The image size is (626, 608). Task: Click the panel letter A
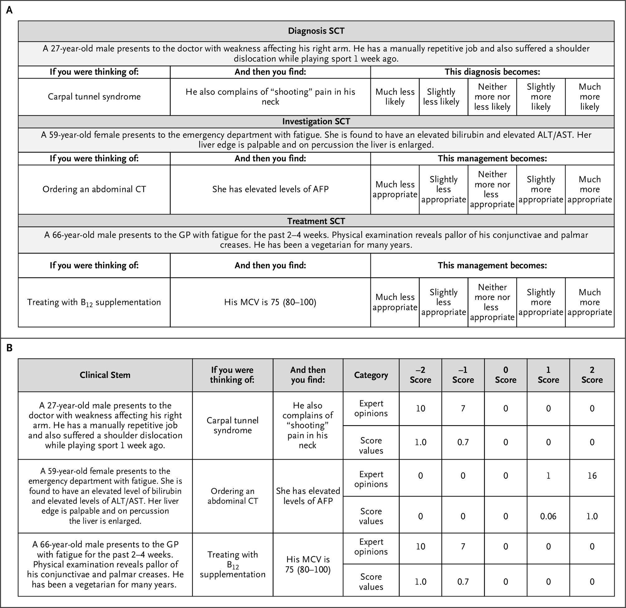click(x=10, y=10)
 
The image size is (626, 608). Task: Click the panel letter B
click(x=10, y=348)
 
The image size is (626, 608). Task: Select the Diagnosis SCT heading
click(x=316, y=31)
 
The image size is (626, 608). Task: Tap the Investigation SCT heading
click(x=316, y=122)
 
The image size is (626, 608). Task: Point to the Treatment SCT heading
click(x=316, y=221)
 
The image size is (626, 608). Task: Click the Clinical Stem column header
click(x=105, y=375)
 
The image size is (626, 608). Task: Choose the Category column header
click(x=371, y=375)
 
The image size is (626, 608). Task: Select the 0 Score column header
click(x=506, y=375)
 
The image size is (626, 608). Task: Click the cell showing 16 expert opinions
click(x=592, y=476)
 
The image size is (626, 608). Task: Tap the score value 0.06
click(x=548, y=516)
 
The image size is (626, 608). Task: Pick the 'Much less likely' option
click(x=395, y=97)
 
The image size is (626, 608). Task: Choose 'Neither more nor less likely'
click(x=492, y=97)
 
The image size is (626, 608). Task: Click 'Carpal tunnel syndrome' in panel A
click(x=94, y=97)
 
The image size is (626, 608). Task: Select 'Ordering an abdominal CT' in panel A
click(x=94, y=189)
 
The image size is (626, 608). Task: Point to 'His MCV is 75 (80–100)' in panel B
click(x=308, y=564)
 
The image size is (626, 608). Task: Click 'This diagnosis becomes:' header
click(x=492, y=72)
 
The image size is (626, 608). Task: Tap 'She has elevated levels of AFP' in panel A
click(x=270, y=189)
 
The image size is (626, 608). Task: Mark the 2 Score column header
click(x=592, y=375)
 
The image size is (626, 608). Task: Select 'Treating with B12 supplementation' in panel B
click(x=232, y=564)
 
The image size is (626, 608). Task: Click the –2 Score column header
click(x=420, y=375)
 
